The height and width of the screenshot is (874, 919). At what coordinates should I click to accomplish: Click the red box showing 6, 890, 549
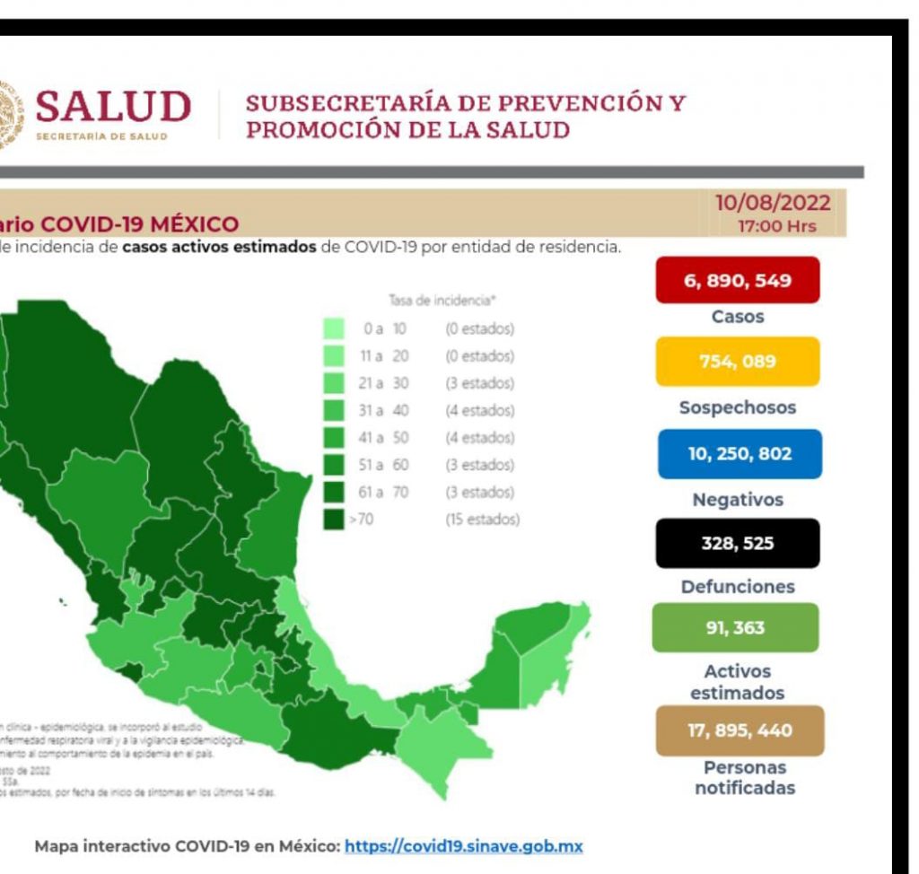click(737, 280)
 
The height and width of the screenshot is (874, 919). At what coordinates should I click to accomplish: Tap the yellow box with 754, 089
click(737, 361)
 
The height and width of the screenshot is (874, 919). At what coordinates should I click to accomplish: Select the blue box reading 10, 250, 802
click(740, 453)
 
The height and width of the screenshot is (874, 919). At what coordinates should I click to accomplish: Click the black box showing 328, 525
click(737, 543)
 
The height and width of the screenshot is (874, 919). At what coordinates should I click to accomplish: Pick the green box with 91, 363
click(735, 627)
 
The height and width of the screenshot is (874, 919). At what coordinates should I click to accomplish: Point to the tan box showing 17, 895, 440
click(740, 730)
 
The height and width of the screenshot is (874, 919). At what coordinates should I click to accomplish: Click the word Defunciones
click(737, 587)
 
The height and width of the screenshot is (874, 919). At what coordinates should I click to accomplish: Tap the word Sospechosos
click(737, 407)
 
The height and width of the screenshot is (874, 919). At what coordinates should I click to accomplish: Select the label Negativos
click(738, 500)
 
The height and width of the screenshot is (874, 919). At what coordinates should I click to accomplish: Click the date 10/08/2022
click(773, 204)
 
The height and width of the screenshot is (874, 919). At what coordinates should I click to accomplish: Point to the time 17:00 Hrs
click(777, 226)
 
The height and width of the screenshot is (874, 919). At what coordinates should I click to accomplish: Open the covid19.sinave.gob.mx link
click(464, 845)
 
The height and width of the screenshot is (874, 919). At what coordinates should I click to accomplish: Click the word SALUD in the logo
click(113, 108)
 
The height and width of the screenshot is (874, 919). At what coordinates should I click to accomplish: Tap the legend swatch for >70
click(334, 520)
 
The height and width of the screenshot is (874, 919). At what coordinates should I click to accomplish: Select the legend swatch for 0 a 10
click(334, 329)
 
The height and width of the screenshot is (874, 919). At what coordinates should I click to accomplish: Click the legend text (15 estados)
click(482, 520)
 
